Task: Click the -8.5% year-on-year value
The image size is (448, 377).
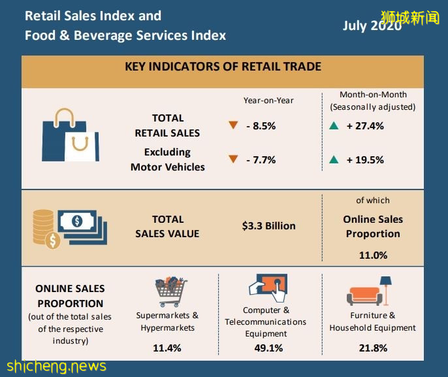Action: tap(261, 126)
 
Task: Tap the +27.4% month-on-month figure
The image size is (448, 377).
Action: tap(364, 126)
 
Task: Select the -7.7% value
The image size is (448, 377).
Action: tap(261, 159)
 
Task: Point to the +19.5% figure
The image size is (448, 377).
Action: tap(364, 159)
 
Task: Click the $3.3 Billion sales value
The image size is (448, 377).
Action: tap(268, 226)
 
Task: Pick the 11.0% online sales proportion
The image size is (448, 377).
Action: tap(373, 255)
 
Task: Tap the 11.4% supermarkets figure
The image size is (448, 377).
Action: tap(167, 348)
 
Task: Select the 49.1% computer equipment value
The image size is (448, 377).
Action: tap(268, 348)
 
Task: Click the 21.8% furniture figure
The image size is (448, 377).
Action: tap(373, 348)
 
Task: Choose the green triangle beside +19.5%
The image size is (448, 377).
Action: tap(334, 159)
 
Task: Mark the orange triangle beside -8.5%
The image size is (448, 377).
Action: tap(233, 126)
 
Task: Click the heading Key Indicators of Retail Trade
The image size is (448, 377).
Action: tap(223, 67)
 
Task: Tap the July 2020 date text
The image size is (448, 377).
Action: tap(372, 26)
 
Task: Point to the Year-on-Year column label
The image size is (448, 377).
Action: tap(268, 101)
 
